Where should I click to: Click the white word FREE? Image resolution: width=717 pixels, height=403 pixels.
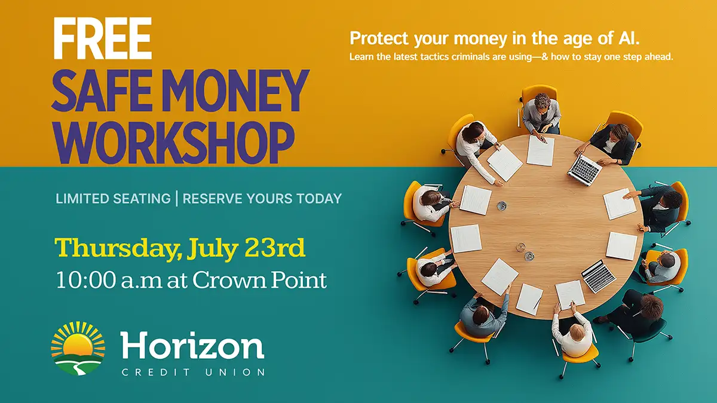(102, 38)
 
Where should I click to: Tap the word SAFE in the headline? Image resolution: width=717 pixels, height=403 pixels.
(101, 91)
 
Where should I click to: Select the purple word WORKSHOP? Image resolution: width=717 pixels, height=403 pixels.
(173, 143)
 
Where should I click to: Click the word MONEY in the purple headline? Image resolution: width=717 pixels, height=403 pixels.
(235, 91)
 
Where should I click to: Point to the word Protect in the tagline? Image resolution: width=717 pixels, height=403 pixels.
(379, 38)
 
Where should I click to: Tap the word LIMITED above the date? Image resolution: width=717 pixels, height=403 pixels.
(84, 199)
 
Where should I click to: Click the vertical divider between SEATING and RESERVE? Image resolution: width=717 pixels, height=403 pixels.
(177, 199)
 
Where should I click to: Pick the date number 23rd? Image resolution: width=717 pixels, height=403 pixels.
(275, 248)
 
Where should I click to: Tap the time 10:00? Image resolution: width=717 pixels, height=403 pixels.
(86, 281)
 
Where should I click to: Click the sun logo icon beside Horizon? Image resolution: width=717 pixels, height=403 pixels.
(78, 348)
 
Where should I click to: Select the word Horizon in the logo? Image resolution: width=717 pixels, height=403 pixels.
(192, 346)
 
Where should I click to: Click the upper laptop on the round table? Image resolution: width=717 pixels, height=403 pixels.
(584, 170)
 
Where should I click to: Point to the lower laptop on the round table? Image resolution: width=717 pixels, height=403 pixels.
(598, 276)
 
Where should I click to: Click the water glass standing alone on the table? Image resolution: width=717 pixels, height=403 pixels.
(501, 205)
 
